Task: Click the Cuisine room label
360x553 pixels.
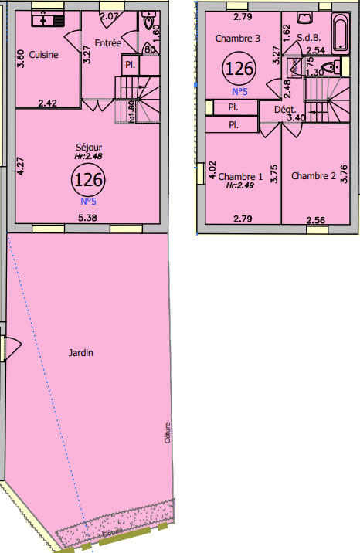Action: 42,55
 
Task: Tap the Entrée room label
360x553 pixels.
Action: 107,43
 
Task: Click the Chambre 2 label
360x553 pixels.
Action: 313,176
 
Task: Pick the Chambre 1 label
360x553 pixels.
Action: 239,176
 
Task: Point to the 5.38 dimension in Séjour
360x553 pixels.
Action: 87,218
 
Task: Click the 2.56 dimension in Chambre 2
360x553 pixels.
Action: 315,220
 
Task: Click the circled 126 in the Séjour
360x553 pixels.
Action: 88,180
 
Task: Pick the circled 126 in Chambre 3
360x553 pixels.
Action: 239,68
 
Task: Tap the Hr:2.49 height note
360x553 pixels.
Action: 239,185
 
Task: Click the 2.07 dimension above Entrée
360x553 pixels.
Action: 110,16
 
